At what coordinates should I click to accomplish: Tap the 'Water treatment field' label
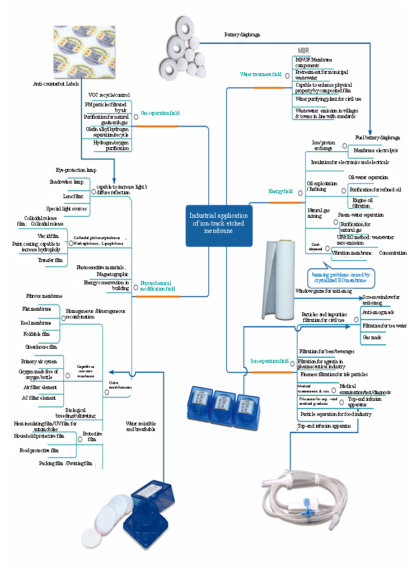pos(260,74)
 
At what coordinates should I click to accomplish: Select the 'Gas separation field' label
pos(160,113)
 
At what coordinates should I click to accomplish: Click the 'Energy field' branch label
pos(280,191)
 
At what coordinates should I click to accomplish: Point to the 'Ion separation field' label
pos(269,361)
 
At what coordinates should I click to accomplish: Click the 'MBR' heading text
pos(303,50)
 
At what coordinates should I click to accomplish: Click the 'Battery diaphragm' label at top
pos(242,35)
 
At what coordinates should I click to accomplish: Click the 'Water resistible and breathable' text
pos(141,426)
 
